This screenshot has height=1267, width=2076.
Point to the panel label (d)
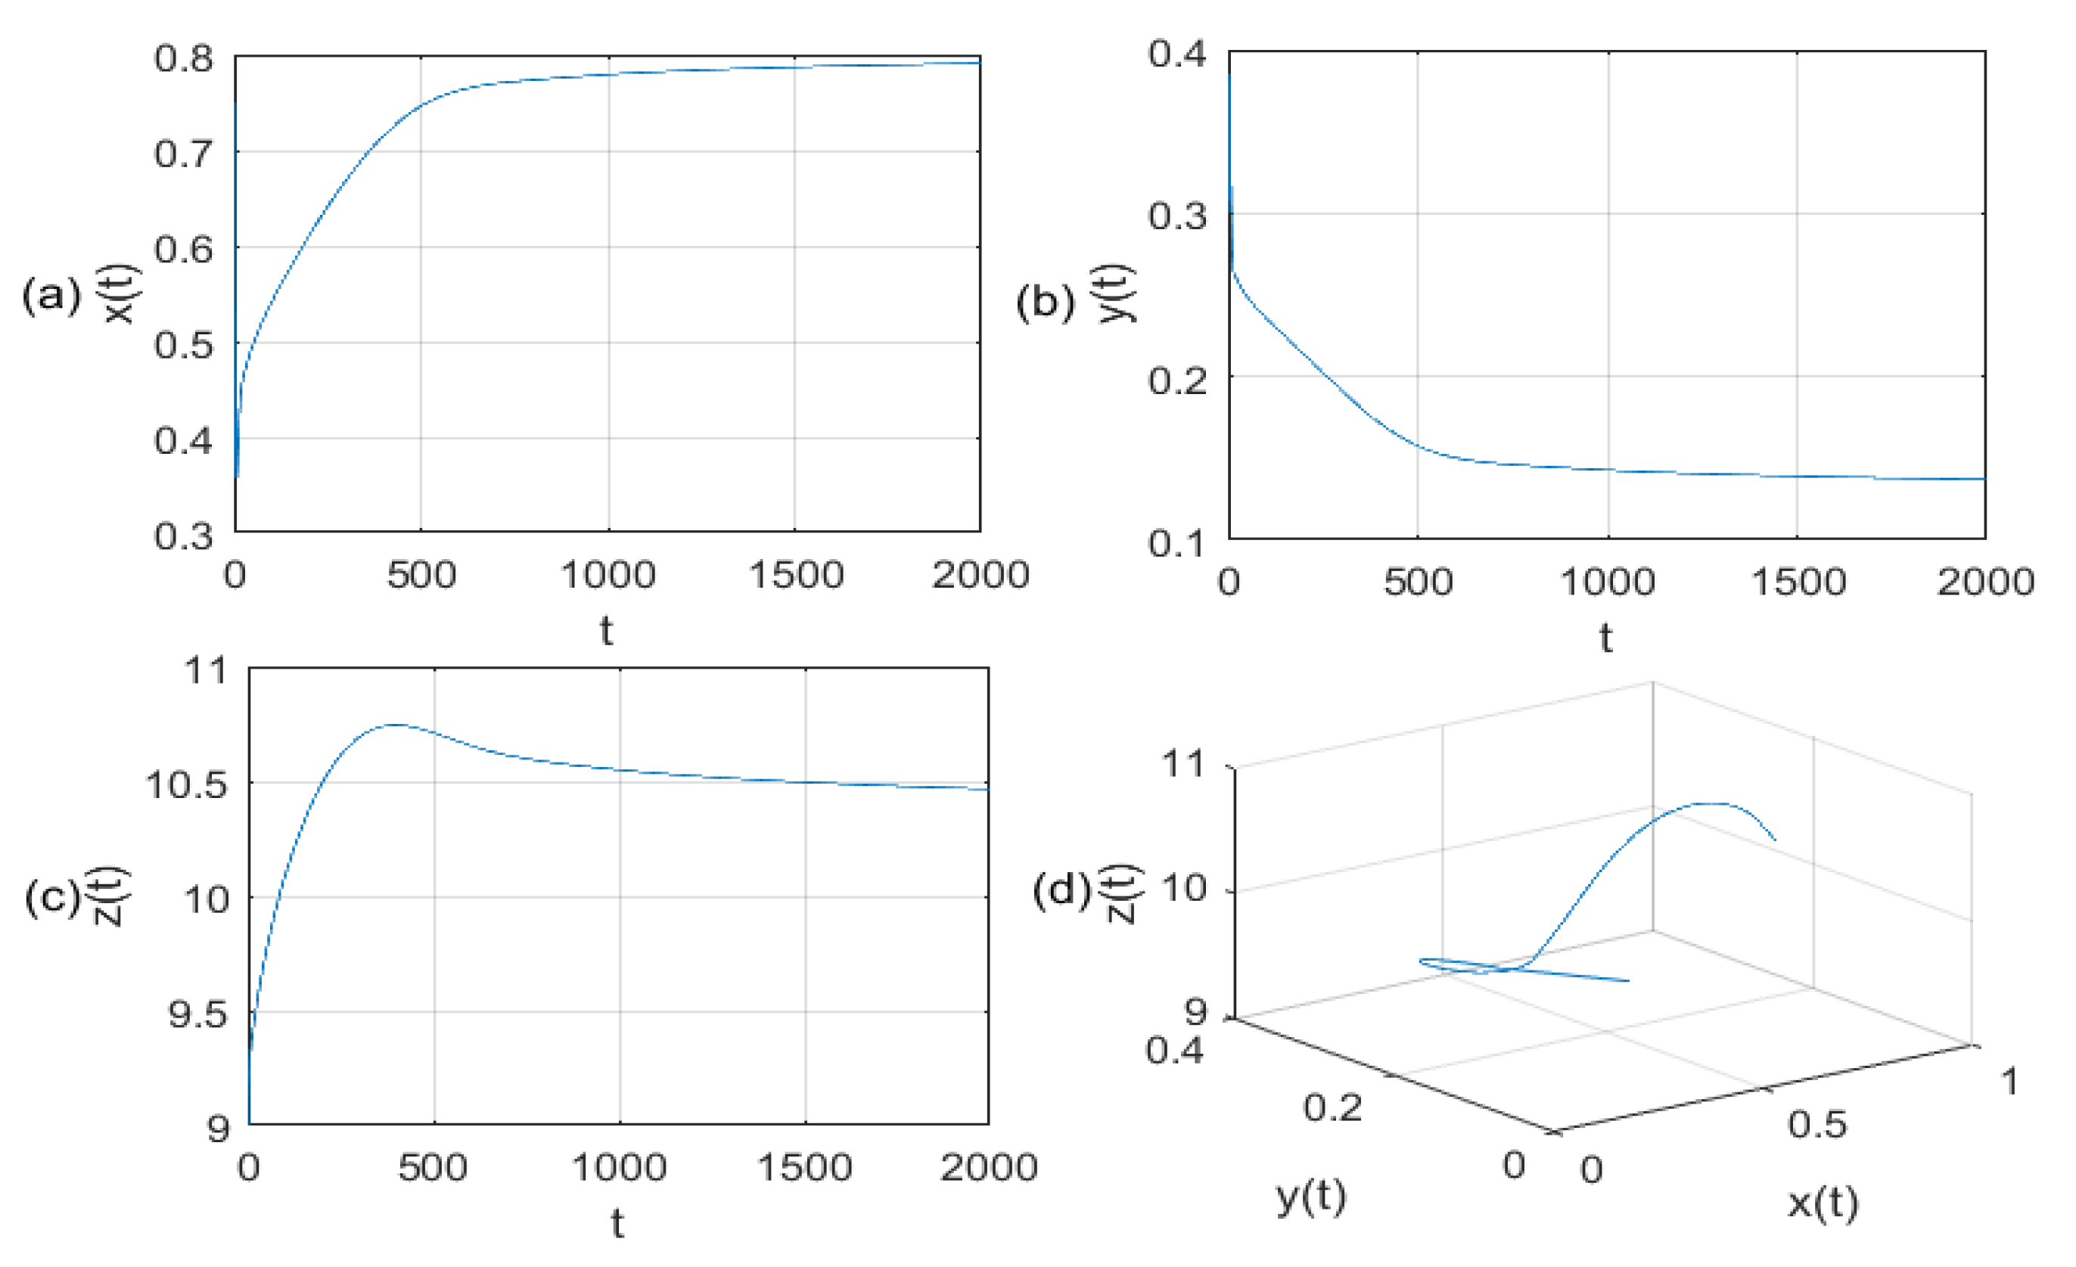[x=1061, y=890]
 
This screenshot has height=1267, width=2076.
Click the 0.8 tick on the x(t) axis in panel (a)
[x=183, y=59]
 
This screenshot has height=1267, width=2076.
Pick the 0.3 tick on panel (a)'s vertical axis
[x=183, y=536]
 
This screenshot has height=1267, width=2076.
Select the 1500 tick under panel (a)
[x=795, y=576]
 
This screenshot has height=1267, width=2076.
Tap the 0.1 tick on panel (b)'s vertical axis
[x=1177, y=543]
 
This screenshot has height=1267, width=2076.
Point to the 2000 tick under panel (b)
[x=1985, y=583]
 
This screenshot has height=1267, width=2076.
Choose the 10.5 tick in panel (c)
[x=186, y=785]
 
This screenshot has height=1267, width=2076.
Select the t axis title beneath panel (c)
[x=617, y=1223]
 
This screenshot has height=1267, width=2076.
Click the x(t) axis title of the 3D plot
[x=1823, y=1203]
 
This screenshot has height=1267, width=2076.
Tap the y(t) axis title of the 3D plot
[x=1311, y=1196]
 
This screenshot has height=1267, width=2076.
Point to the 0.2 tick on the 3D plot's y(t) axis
[x=1332, y=1107]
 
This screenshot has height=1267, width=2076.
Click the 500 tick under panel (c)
[x=432, y=1169]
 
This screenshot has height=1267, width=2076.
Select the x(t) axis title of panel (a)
[x=122, y=295]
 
